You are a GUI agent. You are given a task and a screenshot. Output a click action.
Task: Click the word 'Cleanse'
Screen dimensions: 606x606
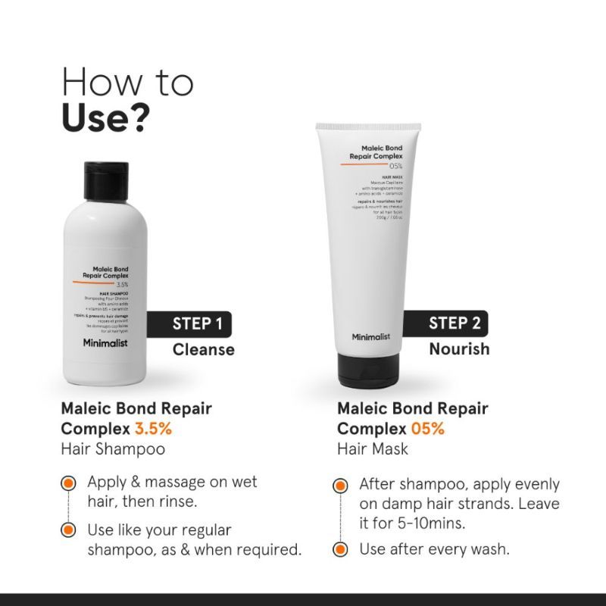click(x=203, y=350)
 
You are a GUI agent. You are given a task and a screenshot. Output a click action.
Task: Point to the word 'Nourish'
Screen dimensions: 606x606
click(x=459, y=349)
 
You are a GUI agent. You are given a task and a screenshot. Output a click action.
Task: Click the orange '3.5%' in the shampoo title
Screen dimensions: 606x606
click(x=155, y=429)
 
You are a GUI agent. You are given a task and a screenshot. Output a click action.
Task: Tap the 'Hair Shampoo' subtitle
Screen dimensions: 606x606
click(x=113, y=449)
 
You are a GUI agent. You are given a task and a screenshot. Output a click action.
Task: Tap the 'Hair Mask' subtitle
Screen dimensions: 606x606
click(x=373, y=449)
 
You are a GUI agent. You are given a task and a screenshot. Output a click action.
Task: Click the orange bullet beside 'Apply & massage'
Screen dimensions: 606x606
click(x=69, y=483)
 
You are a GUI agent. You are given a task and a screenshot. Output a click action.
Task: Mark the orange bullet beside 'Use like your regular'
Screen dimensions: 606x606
click(x=69, y=529)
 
